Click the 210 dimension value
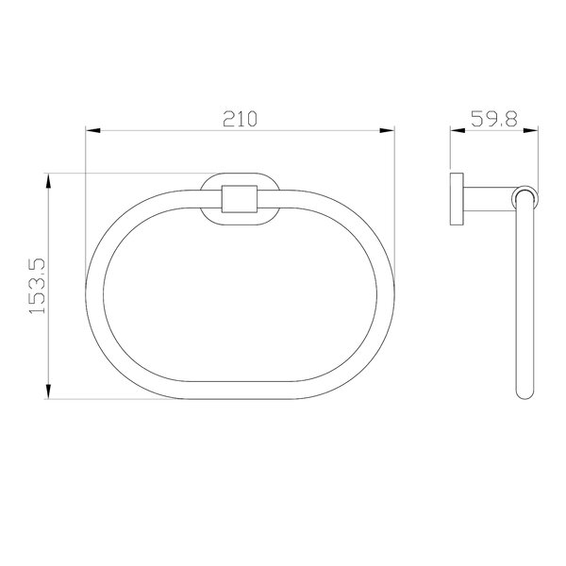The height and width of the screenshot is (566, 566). point(240,119)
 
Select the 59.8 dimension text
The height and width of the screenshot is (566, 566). point(494,119)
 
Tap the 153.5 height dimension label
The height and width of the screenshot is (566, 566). point(37,286)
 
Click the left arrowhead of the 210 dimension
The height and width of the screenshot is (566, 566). point(92,130)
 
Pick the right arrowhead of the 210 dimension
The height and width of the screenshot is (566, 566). point(388,130)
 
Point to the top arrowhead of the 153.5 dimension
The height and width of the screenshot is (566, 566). point(48,181)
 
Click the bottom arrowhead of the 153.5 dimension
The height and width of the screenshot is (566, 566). point(48,391)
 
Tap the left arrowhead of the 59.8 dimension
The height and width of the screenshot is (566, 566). point(458,130)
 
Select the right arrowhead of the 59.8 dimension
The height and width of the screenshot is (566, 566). point(530,130)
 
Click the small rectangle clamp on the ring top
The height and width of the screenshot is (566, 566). point(240,199)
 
